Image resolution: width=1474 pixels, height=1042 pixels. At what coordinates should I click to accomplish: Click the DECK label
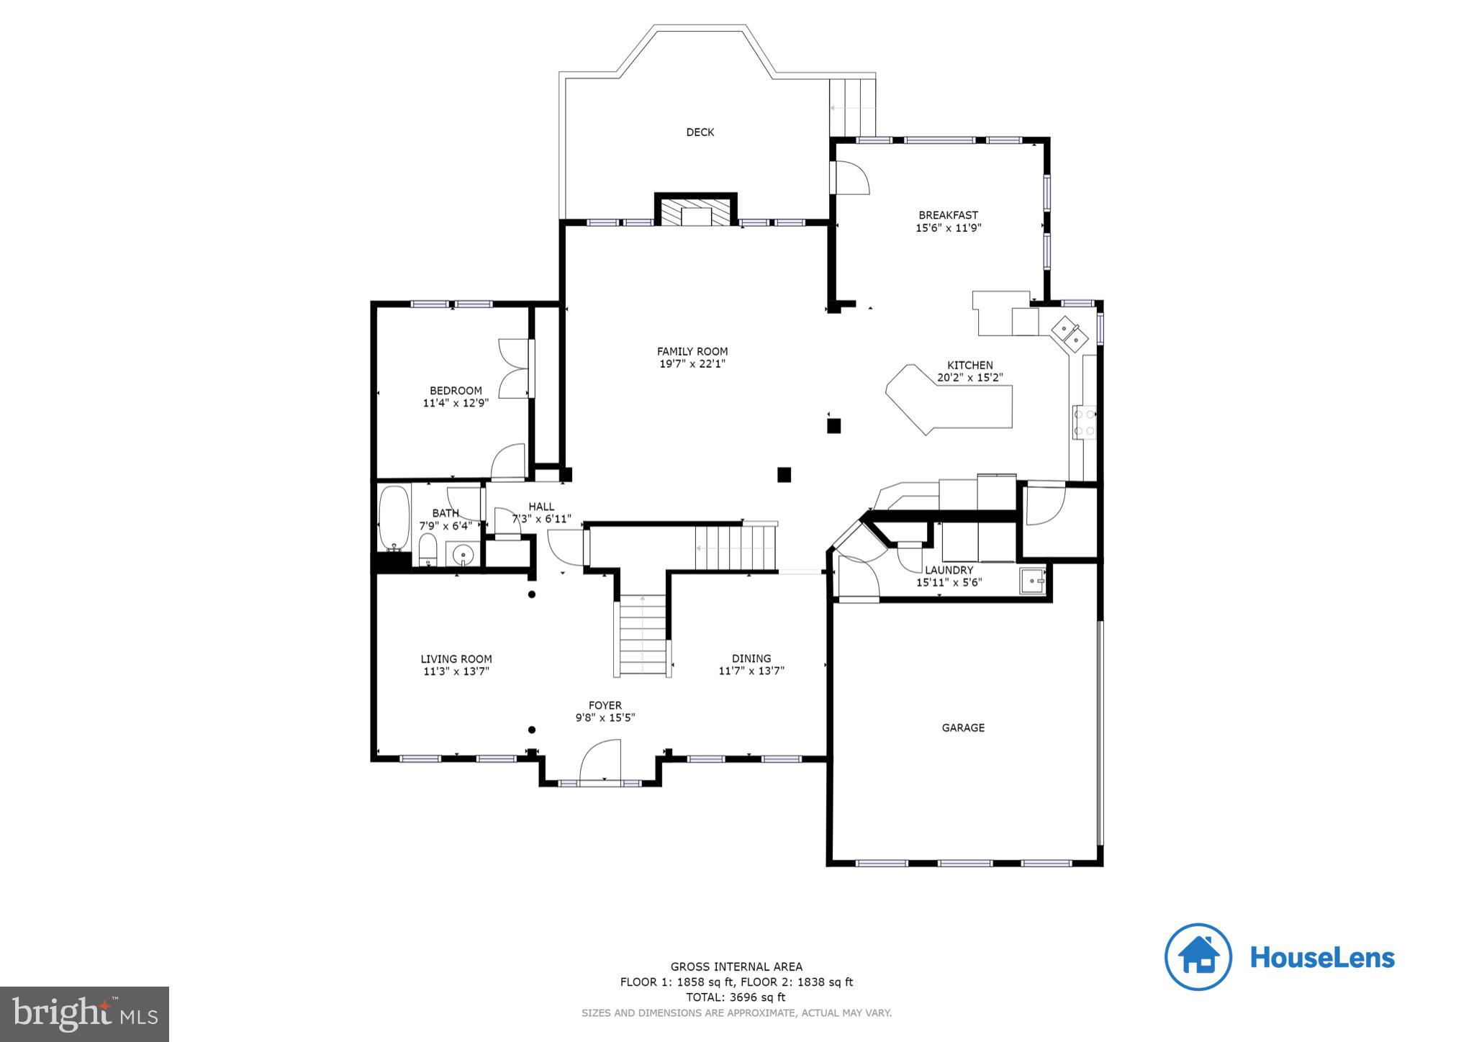coord(700,132)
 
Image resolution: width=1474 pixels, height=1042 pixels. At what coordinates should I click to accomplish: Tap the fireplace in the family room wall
coord(696,213)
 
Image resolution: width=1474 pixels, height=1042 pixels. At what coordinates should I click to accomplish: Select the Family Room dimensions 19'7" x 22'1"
coord(692,364)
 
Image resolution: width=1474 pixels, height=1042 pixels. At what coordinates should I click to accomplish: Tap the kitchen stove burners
coord(1084,423)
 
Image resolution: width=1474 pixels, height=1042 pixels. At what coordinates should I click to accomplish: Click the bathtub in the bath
coord(394,518)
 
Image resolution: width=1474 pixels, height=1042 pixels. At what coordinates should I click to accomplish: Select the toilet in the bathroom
coord(428,551)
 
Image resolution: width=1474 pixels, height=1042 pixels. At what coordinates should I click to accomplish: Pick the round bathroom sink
coord(463,555)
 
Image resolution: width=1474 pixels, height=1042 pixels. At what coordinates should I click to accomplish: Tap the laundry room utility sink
coord(1032,580)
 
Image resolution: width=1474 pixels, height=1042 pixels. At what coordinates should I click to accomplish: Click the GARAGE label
coord(963,728)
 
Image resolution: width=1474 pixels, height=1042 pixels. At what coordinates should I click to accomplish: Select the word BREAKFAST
coord(948,215)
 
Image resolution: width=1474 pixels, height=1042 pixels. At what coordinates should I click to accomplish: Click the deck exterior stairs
coord(853,108)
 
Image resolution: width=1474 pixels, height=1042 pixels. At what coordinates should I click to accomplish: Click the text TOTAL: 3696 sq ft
coord(736,997)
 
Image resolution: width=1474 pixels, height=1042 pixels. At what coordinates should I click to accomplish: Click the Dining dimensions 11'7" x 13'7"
coord(751,671)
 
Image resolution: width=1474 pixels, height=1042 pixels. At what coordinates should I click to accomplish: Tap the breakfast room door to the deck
coord(850,178)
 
